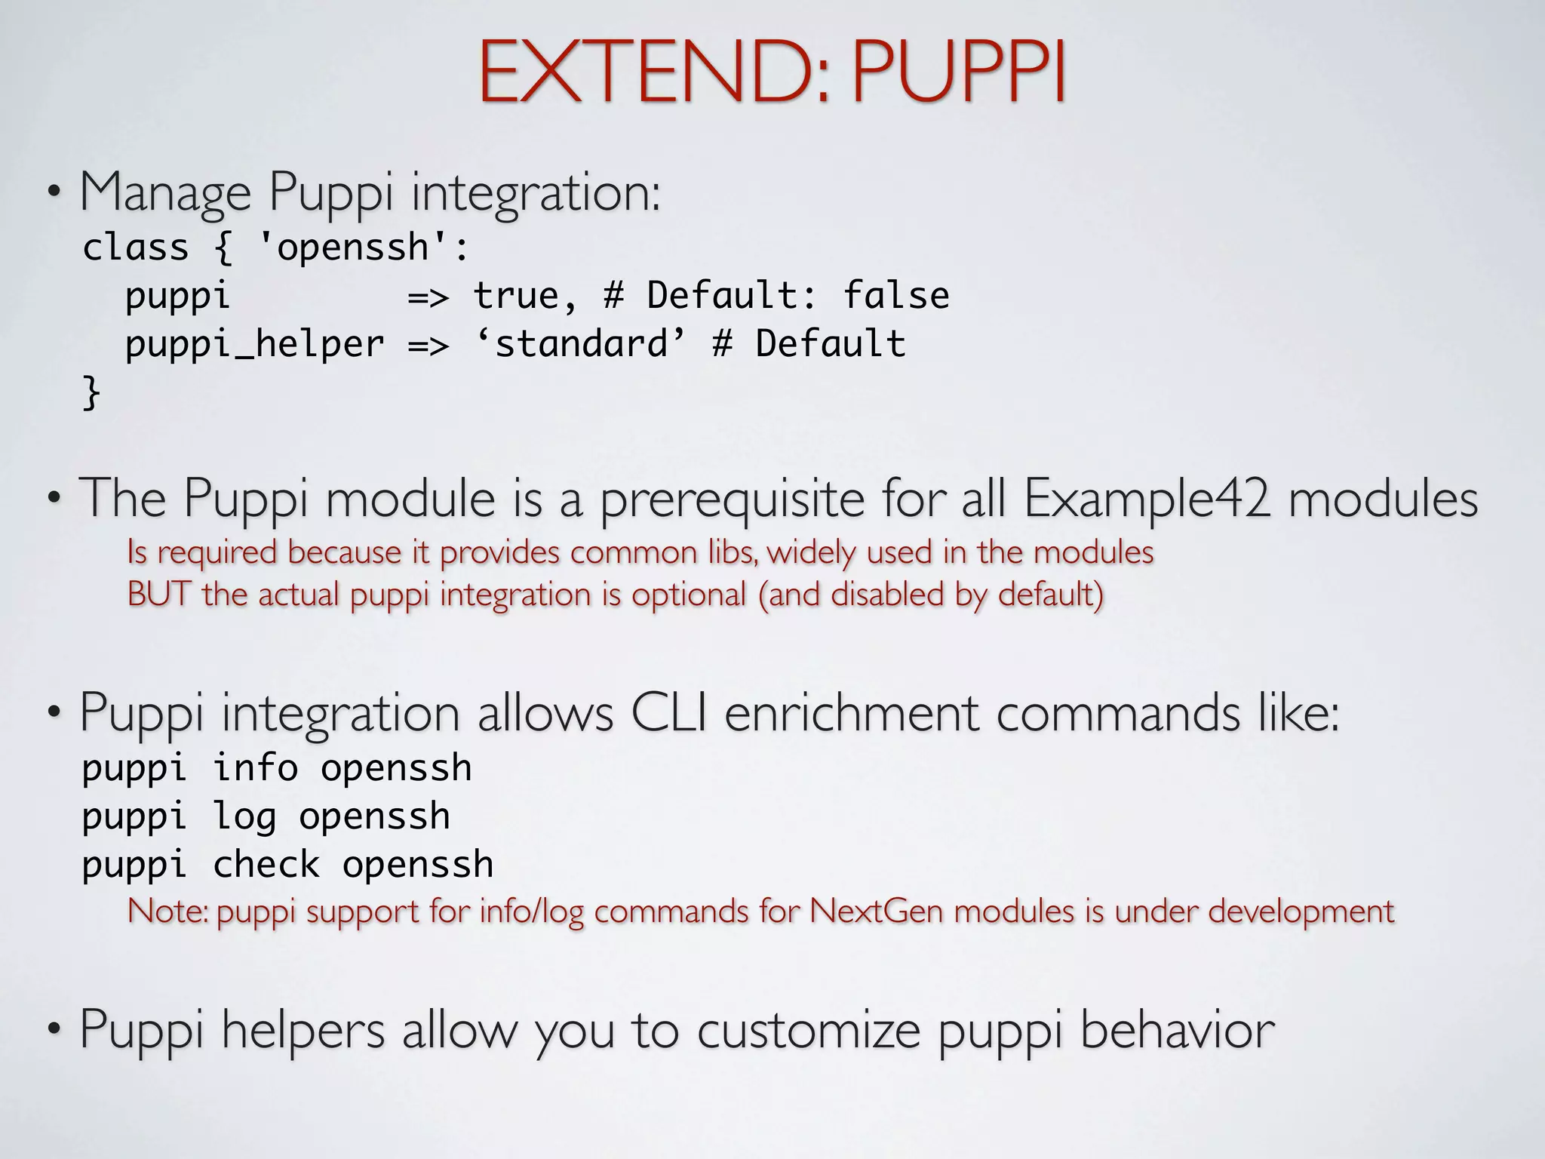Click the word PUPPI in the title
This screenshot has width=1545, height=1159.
pyautogui.click(x=958, y=72)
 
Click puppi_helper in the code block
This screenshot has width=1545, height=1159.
pyautogui.click(x=254, y=344)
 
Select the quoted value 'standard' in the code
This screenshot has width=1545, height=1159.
pyautogui.click(x=581, y=344)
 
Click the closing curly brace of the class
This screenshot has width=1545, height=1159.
pyautogui.click(x=91, y=392)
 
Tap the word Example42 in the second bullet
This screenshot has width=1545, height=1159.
pyautogui.click(x=1147, y=499)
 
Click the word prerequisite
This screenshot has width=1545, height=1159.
pyautogui.click(x=732, y=500)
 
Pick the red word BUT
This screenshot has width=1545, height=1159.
pyautogui.click(x=157, y=594)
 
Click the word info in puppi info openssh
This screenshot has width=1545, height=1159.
pyautogui.click(x=255, y=768)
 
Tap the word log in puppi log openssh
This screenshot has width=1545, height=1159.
pyautogui.click(x=244, y=817)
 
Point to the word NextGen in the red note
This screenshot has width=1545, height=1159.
pyautogui.click(x=876, y=911)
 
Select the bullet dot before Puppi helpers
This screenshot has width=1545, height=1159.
pyautogui.click(x=53, y=1029)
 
